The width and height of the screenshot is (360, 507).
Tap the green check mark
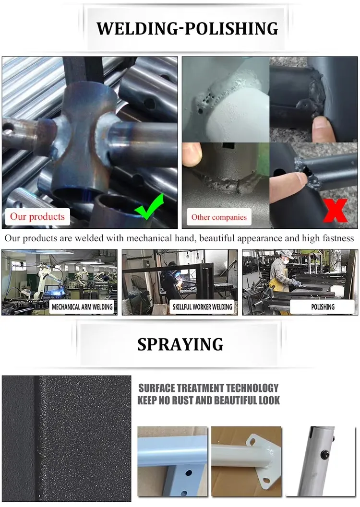coord(149,206)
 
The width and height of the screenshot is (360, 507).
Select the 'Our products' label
coord(37,216)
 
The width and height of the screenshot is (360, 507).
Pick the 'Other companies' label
coord(218,217)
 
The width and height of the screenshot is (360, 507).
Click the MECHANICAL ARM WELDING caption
coord(82,307)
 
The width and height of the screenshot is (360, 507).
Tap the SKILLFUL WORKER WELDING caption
coord(202,307)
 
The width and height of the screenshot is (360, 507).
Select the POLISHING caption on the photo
coord(323,307)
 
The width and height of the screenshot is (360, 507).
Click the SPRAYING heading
coord(180,344)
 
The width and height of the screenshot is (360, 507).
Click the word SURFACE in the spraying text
coord(156,388)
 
